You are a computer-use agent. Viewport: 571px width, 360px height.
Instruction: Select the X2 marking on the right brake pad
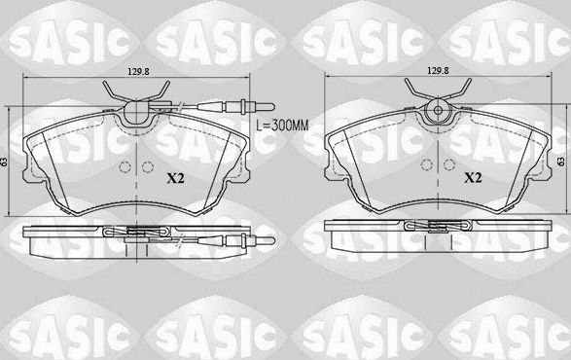click(474, 178)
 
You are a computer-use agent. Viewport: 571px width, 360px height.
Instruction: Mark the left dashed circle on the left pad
click(124, 165)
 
